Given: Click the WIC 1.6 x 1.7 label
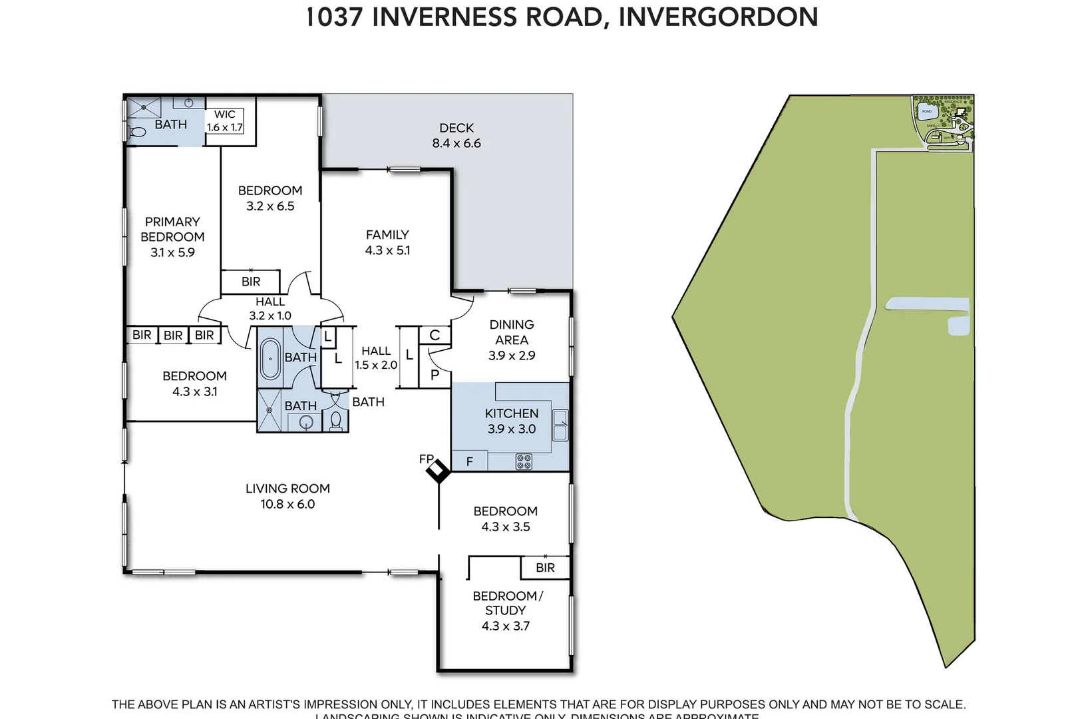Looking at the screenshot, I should tap(225, 120).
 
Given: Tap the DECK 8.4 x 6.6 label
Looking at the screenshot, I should tap(456, 135).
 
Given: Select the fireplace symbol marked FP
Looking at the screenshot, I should tap(438, 471).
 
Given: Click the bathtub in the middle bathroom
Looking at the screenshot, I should tap(270, 359).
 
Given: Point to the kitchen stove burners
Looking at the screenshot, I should tap(524, 461).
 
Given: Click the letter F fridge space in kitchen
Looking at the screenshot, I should tap(469, 461).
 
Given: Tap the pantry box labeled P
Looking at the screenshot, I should tap(435, 375).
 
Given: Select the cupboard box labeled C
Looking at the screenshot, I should tap(435, 335).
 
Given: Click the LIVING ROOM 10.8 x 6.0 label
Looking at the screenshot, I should tap(287, 496).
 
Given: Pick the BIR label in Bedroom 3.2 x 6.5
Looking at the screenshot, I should tap(251, 282).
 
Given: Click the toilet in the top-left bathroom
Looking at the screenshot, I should tap(138, 132).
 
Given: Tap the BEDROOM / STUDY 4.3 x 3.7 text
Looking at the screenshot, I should tap(506, 610).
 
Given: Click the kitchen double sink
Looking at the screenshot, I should tap(560, 425).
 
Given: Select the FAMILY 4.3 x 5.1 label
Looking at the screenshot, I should tap(387, 242).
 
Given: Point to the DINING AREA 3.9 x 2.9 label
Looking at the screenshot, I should tap(511, 340).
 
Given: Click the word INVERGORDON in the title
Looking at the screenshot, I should tap(718, 17).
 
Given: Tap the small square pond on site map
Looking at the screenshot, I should tap(958, 326).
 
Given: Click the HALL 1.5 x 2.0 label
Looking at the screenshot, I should tap(376, 358).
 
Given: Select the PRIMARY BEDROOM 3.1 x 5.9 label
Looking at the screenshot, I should tap(172, 236).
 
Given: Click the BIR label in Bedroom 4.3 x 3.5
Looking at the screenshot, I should tap(545, 568).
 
